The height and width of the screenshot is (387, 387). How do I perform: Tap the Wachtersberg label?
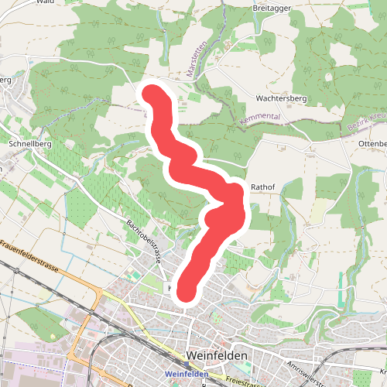[x=282, y=99]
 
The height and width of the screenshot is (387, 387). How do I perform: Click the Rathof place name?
[x=263, y=187]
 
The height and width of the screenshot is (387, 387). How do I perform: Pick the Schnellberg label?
[x=29, y=143]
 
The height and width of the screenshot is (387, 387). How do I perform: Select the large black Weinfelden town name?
[x=217, y=354]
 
